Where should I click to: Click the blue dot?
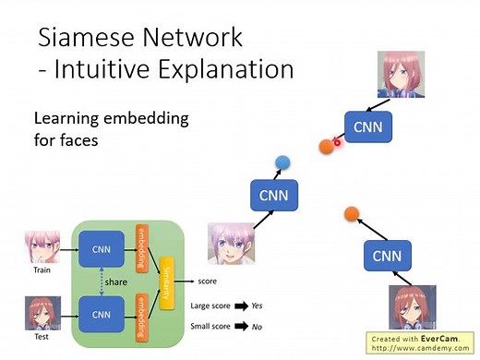[x=282, y=162]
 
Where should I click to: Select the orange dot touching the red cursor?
[x=326, y=145]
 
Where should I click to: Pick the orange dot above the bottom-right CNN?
[x=351, y=214]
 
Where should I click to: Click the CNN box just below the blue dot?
[x=273, y=195]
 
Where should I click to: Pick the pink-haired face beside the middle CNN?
[x=230, y=245]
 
